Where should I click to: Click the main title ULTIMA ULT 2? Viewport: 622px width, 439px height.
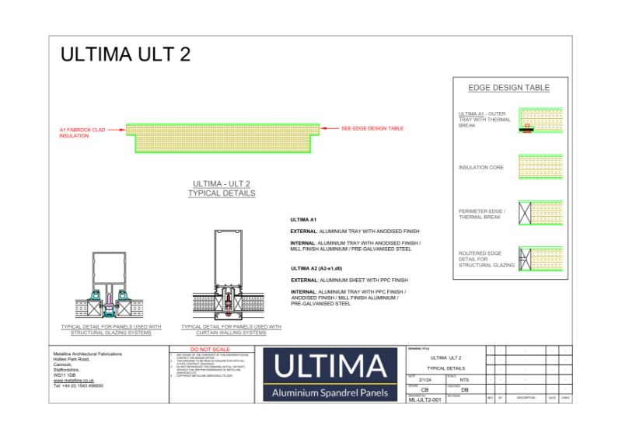point(125,55)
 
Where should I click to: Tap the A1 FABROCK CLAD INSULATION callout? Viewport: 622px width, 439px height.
point(83,133)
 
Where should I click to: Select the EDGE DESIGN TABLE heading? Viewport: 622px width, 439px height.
point(508,88)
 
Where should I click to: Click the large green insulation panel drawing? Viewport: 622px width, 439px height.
point(223,138)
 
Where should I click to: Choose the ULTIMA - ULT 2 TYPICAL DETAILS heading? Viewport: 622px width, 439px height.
point(222,188)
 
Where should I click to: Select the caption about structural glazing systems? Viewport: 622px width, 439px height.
point(111,330)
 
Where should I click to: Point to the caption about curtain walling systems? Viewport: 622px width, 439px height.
point(231,330)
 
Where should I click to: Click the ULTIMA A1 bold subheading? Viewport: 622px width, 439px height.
point(303,221)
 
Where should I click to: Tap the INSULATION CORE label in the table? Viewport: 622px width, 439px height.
point(481,167)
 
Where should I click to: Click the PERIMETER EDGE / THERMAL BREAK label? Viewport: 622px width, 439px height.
point(482,214)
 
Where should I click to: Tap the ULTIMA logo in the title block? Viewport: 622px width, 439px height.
point(330,375)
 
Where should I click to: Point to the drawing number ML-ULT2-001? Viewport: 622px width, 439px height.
point(425,400)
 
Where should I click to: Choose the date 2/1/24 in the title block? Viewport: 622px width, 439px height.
point(424,379)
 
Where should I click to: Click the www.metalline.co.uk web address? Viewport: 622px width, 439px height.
point(74,380)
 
